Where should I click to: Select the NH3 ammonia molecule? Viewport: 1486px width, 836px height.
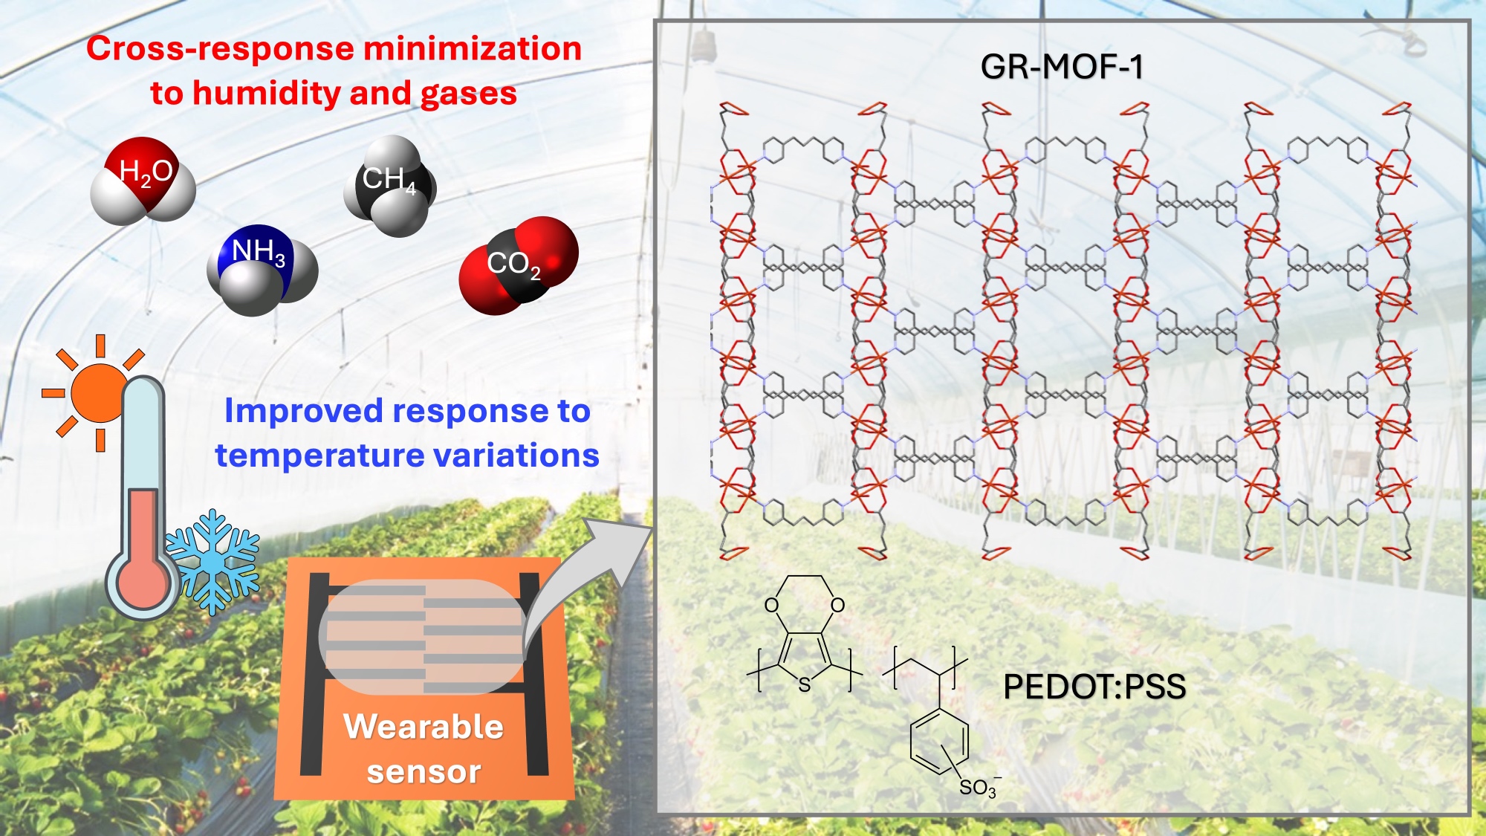262,268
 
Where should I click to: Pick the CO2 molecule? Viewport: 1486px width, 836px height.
518,265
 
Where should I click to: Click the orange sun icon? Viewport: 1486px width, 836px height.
97,392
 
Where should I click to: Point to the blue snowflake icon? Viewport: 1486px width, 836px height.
214,562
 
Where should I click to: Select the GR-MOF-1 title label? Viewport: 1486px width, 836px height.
1061,67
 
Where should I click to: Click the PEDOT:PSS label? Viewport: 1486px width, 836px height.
1094,687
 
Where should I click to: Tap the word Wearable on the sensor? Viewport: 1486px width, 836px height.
424,726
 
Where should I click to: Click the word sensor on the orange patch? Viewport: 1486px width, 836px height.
424,771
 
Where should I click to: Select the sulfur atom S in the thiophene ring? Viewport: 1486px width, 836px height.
804,685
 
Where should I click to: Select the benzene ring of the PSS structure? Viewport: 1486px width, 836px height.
939,741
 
